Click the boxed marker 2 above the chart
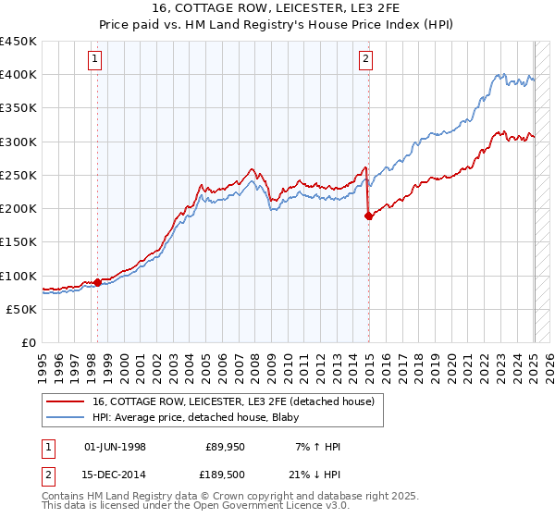365,60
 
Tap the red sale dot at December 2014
369,216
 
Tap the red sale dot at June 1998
97,282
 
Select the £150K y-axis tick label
18,241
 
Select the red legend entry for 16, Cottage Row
233,401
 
